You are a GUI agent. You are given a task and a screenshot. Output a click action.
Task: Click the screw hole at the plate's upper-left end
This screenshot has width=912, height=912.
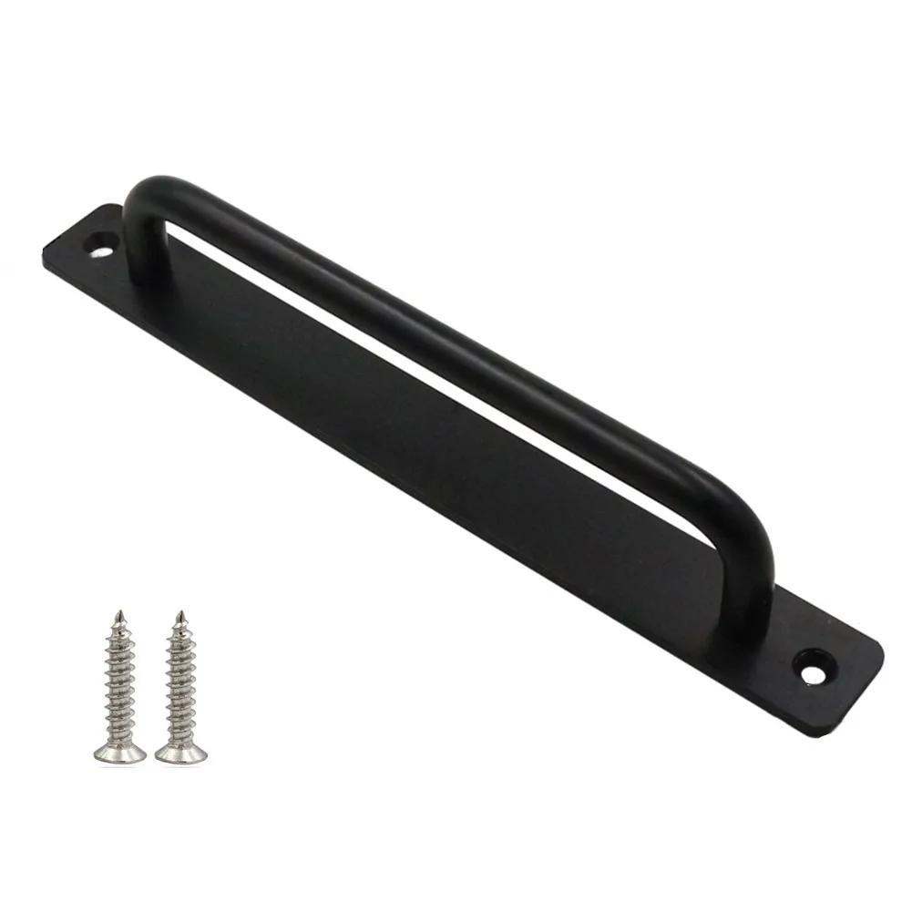[x=101, y=245]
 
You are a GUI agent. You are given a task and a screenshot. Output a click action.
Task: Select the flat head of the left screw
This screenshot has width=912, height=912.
[x=119, y=753]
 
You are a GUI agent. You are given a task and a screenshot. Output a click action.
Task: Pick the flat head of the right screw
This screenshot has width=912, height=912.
[x=181, y=753]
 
